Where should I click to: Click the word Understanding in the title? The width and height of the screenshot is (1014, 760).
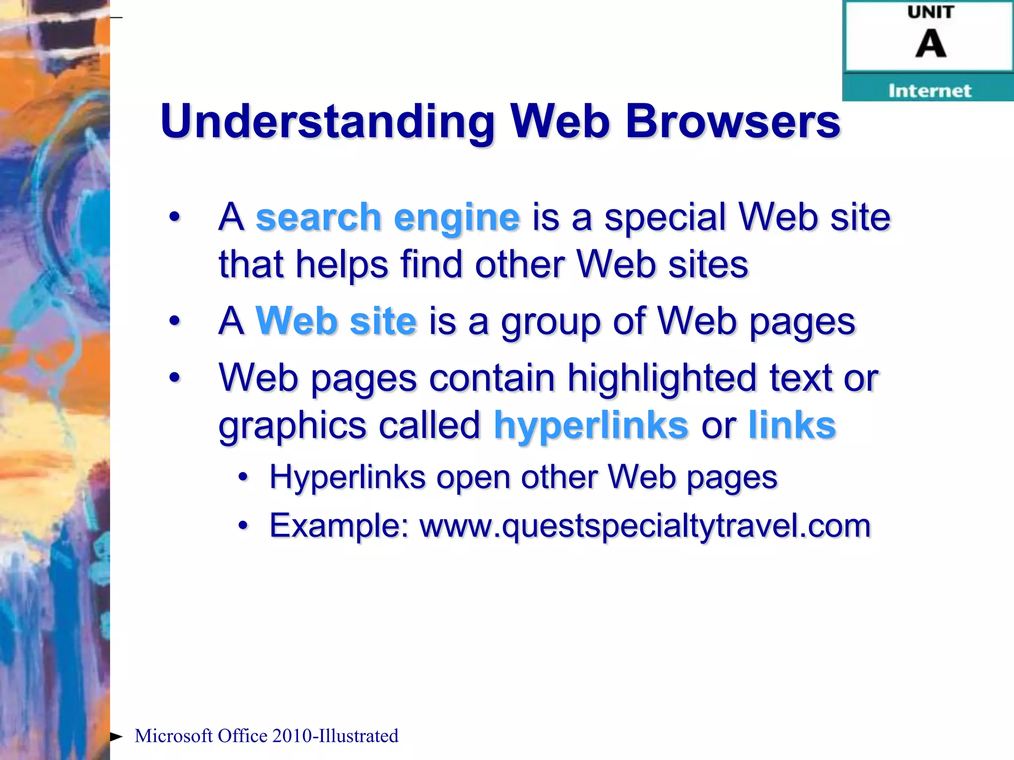[x=327, y=122]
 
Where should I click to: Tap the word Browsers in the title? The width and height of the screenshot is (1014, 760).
[x=733, y=122]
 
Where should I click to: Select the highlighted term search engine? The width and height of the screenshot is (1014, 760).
[x=388, y=218]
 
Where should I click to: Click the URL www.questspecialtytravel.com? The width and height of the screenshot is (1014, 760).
[x=645, y=525]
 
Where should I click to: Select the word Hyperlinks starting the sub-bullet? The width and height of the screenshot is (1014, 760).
[x=347, y=477]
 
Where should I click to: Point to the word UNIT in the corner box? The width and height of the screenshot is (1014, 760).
[x=930, y=12]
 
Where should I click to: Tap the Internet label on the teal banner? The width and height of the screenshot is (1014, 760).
[x=929, y=91]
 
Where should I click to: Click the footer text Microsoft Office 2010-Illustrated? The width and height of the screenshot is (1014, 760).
[x=266, y=736]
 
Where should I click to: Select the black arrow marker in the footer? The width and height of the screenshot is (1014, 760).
[x=116, y=737]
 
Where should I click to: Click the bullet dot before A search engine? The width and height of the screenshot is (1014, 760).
[x=174, y=217]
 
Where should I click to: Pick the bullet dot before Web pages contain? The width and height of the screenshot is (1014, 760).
[x=174, y=378]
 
